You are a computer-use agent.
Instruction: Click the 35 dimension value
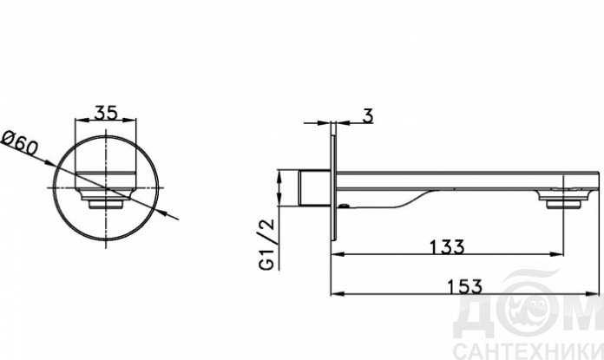pos(106,113)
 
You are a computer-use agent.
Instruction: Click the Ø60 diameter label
pos(20,143)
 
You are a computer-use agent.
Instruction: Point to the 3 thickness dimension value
pos(368,115)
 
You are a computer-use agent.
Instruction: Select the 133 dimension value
pos(447,247)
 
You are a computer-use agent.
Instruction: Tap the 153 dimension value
pos(464,286)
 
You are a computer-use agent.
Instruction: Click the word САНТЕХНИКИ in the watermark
pos(528,351)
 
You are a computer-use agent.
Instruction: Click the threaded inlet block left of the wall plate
pos(314,187)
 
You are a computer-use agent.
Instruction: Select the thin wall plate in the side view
pos(333,181)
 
